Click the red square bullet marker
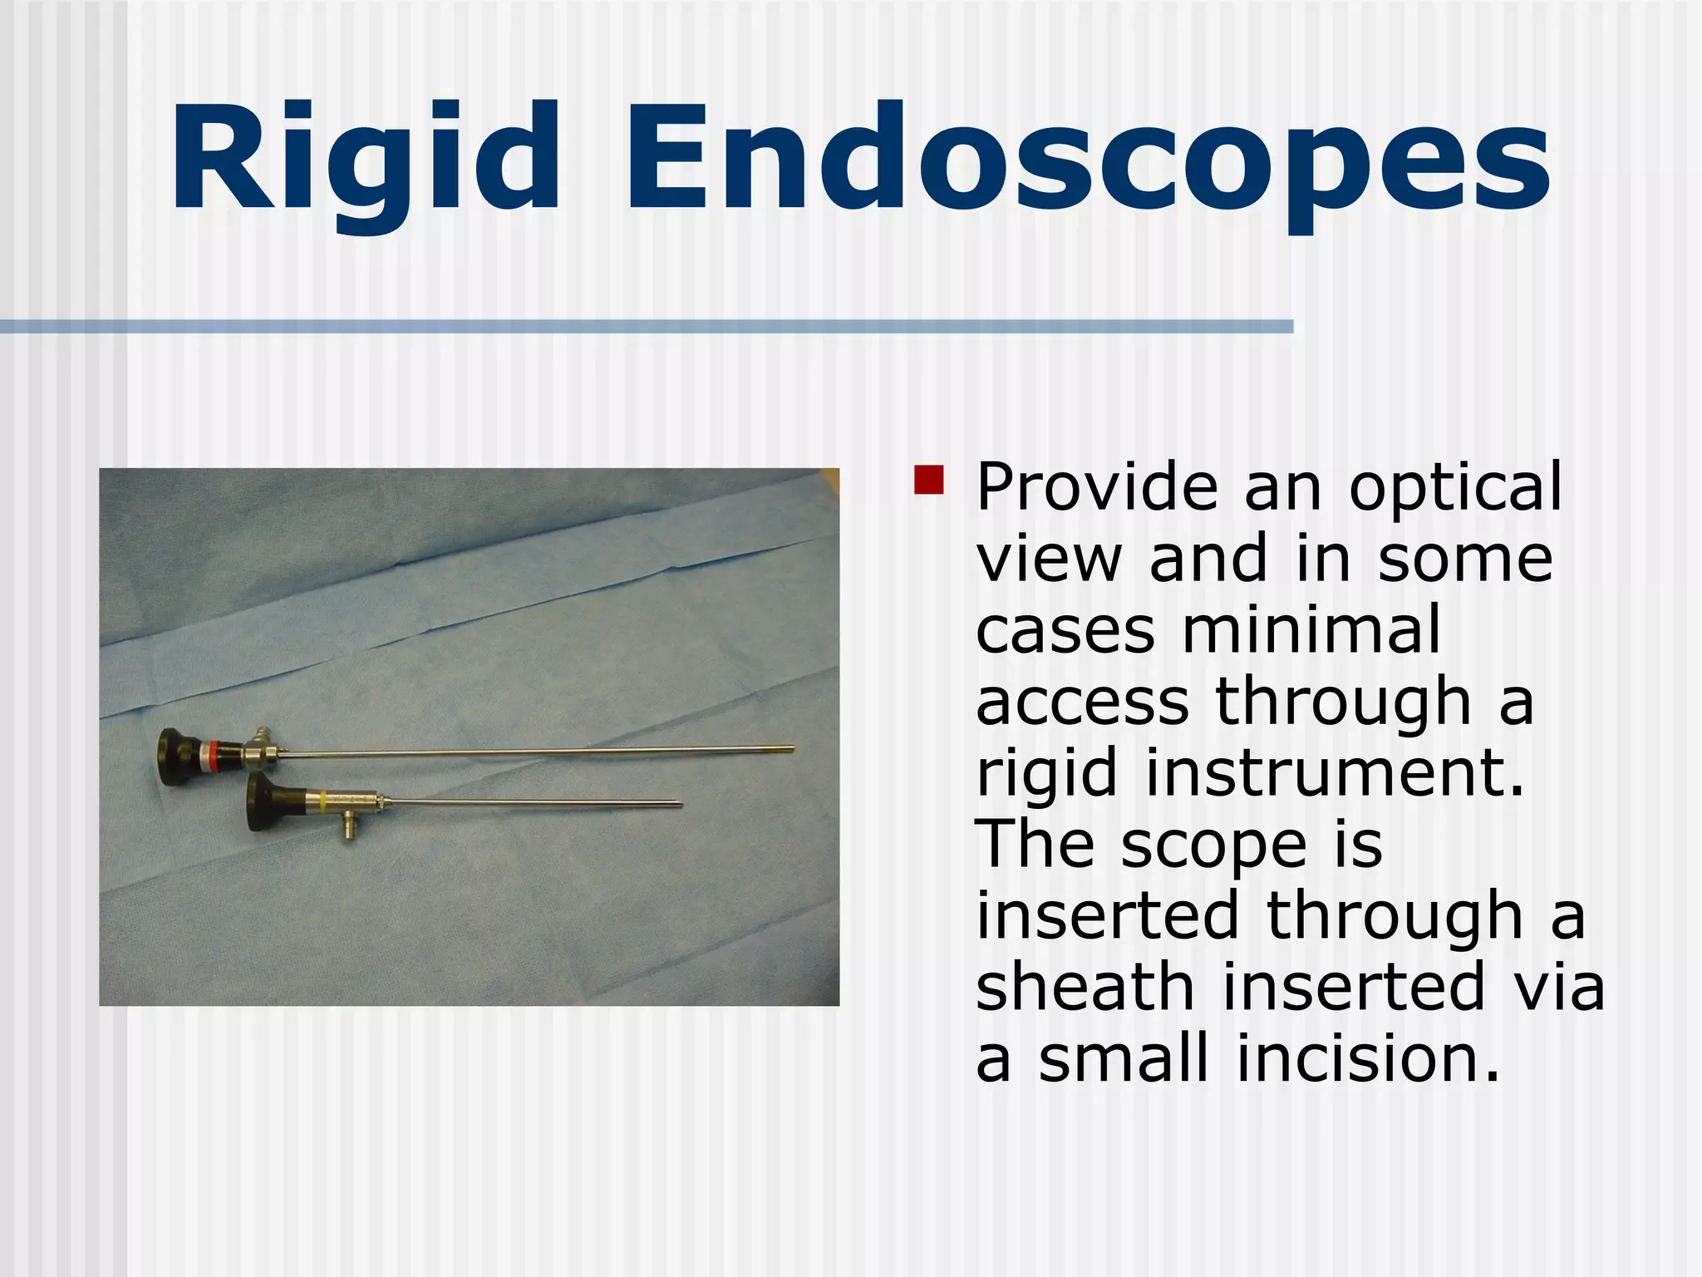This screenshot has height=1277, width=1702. coord(928,480)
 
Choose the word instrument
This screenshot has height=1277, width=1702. coord(1334,773)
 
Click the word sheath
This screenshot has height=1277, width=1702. coord(1085,987)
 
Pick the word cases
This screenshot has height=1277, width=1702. coord(1065,632)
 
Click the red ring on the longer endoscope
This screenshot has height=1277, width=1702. coord(214,753)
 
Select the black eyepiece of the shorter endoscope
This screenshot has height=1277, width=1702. coord(264,805)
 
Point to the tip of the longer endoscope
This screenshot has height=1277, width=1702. coord(791,749)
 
